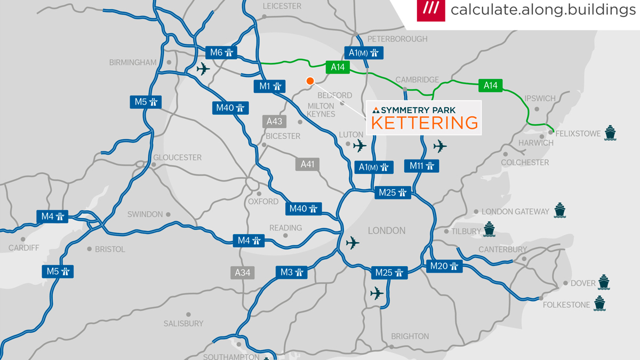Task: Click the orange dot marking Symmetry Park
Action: [310, 81]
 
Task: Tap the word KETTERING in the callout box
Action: [425, 123]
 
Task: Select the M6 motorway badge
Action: [221, 52]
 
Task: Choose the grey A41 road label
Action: [307, 164]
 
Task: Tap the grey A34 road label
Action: [242, 273]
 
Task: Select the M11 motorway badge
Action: [421, 166]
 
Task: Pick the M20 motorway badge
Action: [444, 266]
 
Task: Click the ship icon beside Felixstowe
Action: [610, 133]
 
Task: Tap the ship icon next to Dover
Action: [603, 282]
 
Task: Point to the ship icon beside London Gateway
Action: [559, 211]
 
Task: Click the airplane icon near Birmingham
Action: [203, 69]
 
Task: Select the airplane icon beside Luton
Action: [360, 145]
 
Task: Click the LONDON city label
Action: [387, 231]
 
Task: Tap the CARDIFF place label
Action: [24, 248]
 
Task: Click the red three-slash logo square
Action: [431, 10]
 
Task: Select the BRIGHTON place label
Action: [410, 337]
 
